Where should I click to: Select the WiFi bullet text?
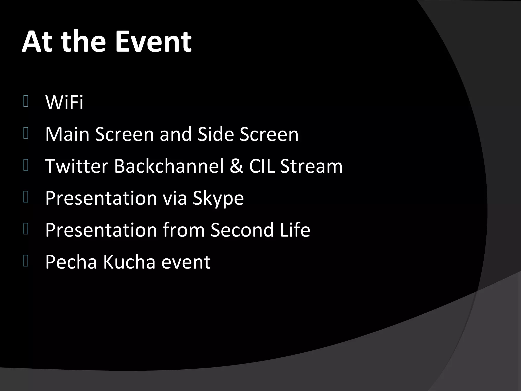pos(64,102)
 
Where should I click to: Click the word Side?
pos(216,134)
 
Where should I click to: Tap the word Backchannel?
pos(169,166)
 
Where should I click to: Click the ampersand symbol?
pos(236,166)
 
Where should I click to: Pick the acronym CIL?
pos(262,166)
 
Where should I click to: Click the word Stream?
pos(311,166)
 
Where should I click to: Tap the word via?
pos(175,198)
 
